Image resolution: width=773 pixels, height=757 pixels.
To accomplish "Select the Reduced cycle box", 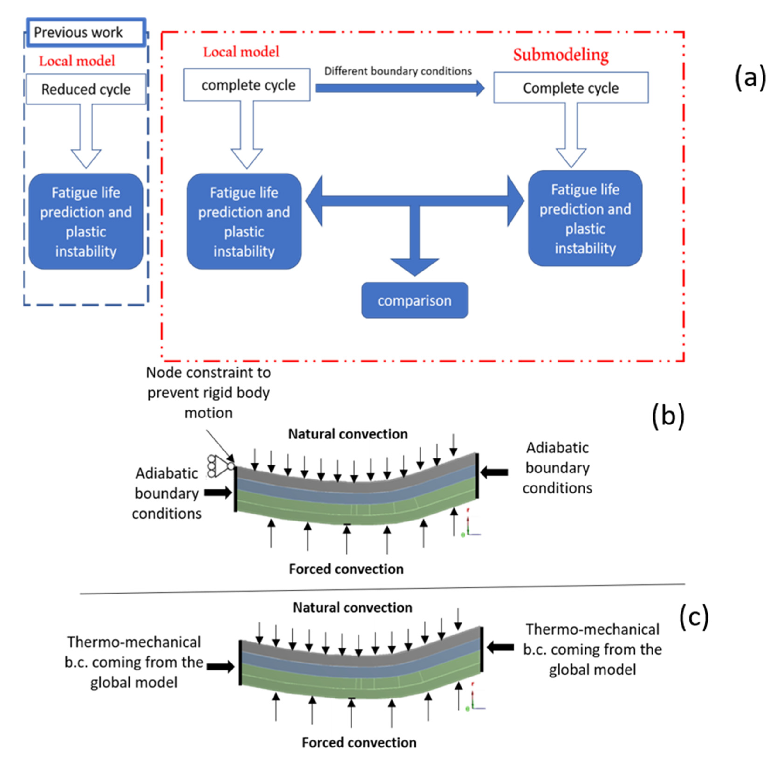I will pos(86,89).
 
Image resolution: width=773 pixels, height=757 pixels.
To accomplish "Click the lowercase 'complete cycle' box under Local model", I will pos(247,85).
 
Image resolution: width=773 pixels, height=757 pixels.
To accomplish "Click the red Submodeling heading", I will pos(561,55).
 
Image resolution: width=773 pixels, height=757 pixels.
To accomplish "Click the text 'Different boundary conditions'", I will pos(398,71).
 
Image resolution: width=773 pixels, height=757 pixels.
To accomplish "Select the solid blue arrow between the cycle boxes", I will pos(399,88).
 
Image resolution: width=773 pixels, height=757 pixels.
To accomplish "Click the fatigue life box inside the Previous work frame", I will pos(86,222).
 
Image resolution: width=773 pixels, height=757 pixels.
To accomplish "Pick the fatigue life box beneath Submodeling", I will pos(585,219).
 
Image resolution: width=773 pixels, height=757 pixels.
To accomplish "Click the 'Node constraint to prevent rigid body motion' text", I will pos(209,392).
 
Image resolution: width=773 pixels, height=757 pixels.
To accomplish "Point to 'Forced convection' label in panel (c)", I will pos(359,742).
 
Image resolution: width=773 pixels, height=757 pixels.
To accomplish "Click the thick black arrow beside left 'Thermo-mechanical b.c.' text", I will pos(220,667).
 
